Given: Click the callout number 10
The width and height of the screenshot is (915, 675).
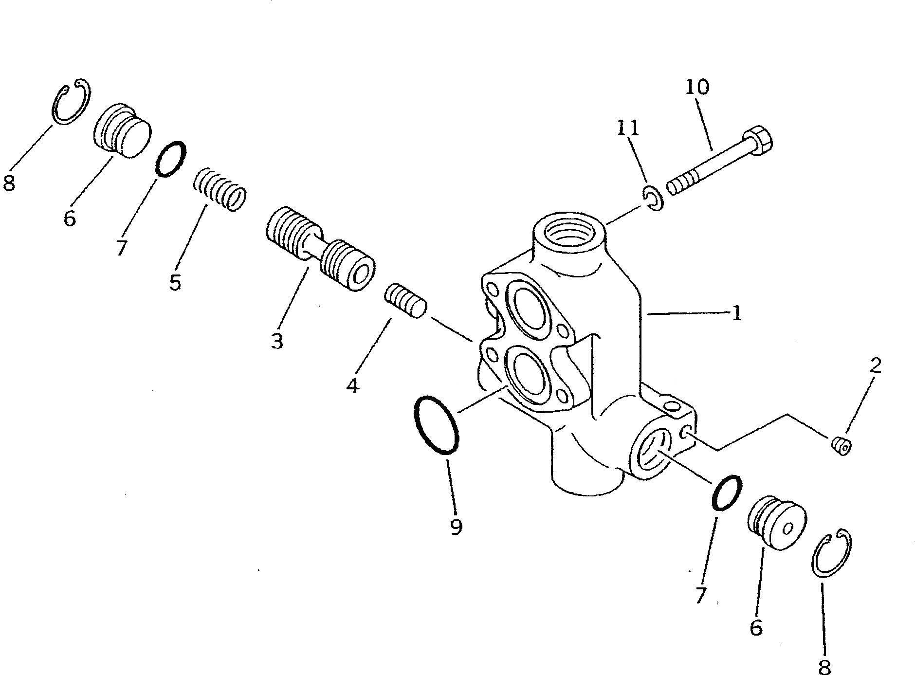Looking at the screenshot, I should [697, 88].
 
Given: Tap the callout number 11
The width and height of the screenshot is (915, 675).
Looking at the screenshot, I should [627, 128].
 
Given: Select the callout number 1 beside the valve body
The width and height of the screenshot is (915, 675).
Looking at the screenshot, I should [736, 313].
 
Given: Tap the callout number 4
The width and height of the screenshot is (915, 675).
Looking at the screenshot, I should [353, 385].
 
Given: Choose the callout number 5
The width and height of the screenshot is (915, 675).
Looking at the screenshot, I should [175, 281].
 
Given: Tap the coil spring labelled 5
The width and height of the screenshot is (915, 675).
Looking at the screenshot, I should [220, 188].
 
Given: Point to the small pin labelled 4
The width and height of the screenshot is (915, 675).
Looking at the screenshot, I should [406, 302].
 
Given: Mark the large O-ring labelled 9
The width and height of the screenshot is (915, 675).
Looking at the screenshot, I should [436, 425].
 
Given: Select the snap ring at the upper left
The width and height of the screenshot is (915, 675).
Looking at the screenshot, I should [71, 102].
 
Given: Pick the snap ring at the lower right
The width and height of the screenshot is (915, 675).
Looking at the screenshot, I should [831, 553].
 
